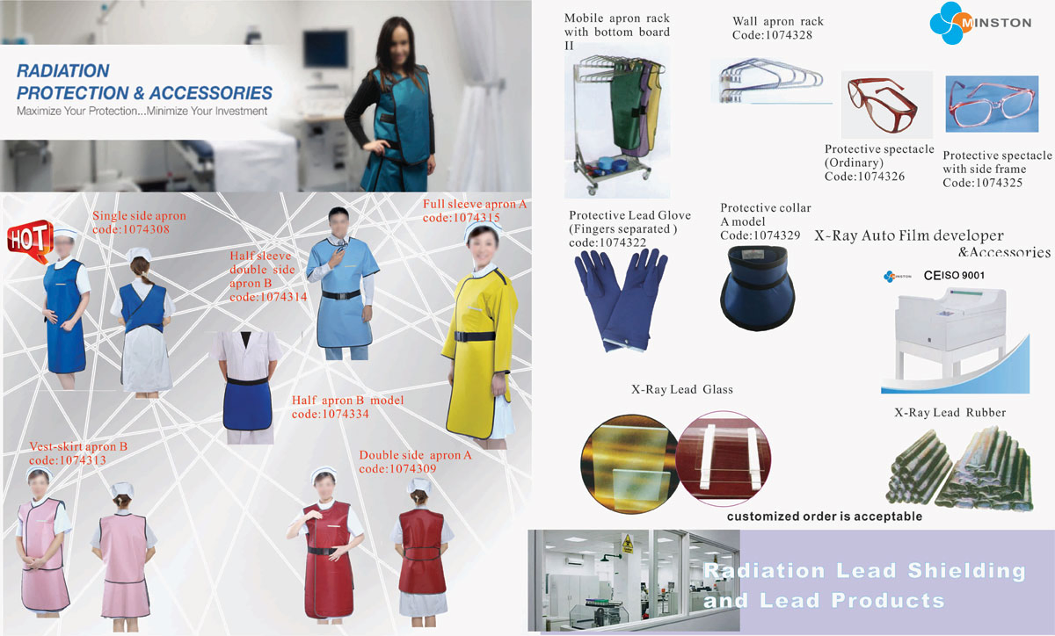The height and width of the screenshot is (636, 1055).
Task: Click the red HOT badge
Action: click(27, 237)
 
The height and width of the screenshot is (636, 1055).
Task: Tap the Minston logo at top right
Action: click(980, 24)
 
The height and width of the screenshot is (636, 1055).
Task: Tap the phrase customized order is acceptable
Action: click(824, 517)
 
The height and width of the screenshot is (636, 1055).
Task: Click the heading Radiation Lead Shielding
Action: click(863, 571)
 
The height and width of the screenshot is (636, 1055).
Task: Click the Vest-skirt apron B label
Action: click(78, 447)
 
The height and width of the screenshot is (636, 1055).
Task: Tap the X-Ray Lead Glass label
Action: click(681, 390)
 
